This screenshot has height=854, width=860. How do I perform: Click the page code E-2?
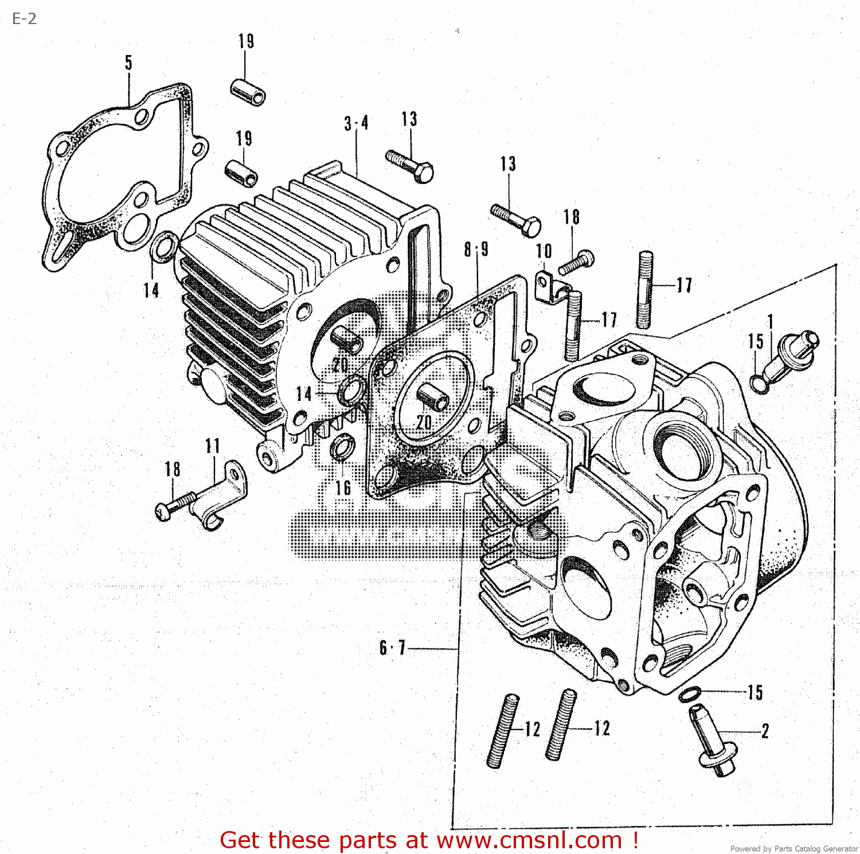point(24,19)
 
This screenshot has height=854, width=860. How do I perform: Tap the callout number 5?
point(128,63)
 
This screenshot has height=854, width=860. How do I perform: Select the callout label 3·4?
point(356,123)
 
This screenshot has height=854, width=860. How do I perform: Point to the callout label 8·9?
point(476,249)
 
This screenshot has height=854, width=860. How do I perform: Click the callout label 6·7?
point(392,648)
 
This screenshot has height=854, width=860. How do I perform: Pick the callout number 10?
point(544,251)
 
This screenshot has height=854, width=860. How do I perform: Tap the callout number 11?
point(213,446)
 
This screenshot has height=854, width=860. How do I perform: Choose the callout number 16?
point(343,488)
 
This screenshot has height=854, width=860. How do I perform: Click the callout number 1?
point(771,322)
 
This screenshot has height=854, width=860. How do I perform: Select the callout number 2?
point(765,731)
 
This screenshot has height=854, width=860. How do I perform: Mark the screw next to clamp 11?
point(174,505)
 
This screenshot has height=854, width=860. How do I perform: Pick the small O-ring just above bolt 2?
point(689,695)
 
